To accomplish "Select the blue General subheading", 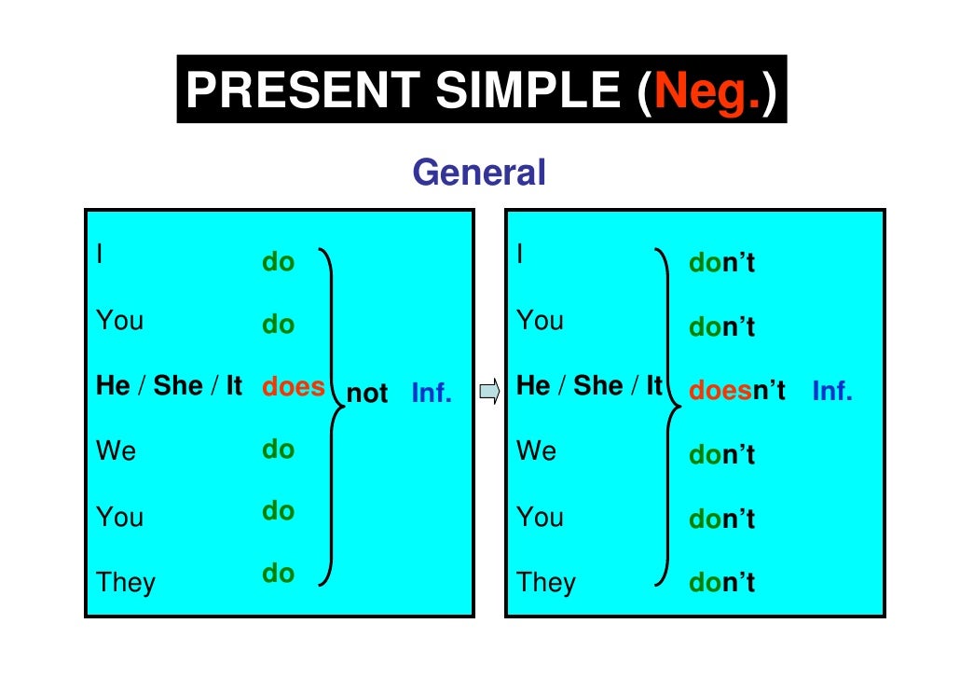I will [x=478, y=173].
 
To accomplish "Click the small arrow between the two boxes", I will [x=489, y=393].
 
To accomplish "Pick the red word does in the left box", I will [x=293, y=386].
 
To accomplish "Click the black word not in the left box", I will [x=367, y=394].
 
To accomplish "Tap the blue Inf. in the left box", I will [x=432, y=394].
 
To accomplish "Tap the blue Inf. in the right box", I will [x=832, y=391].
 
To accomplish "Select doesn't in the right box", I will [x=737, y=391].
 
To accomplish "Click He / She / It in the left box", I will [x=169, y=386].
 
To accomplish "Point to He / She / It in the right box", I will [x=588, y=385].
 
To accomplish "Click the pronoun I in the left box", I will [x=101, y=253].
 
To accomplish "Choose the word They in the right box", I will [x=546, y=583].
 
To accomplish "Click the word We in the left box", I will [x=116, y=451].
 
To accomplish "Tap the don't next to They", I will [x=721, y=583].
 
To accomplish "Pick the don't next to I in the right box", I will [x=721, y=264].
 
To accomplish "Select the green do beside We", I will [x=278, y=450].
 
